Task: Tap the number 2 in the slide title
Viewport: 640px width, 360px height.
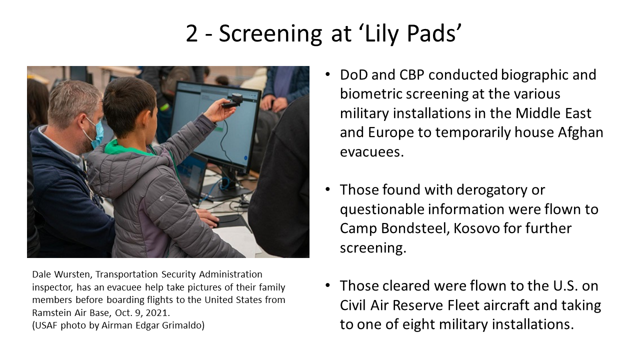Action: click(x=191, y=33)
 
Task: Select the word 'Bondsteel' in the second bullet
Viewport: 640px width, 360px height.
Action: click(x=415, y=228)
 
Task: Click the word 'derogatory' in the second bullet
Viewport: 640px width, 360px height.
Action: click(x=491, y=190)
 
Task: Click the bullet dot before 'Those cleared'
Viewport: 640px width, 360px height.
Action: click(x=327, y=285)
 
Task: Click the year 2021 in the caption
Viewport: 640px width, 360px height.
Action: click(x=157, y=313)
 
